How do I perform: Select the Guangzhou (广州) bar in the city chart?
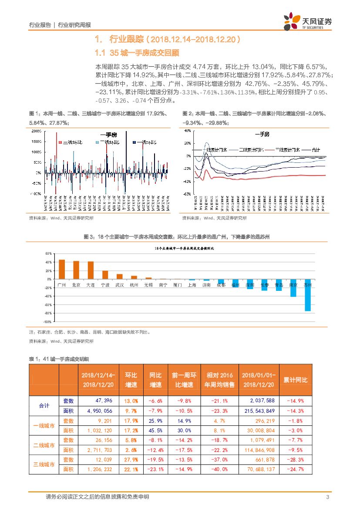(61, 269)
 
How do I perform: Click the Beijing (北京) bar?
(76, 270)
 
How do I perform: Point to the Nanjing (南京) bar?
(293, 288)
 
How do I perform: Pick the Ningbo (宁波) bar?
(105, 275)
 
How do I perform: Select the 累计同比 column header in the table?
(295, 380)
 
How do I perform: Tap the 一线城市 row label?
(44, 425)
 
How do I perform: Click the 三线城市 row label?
(44, 465)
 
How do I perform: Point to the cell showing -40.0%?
(219, 469)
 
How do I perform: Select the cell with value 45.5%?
(156, 430)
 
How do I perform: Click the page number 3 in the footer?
(327, 497)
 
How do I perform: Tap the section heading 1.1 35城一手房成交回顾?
(137, 53)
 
